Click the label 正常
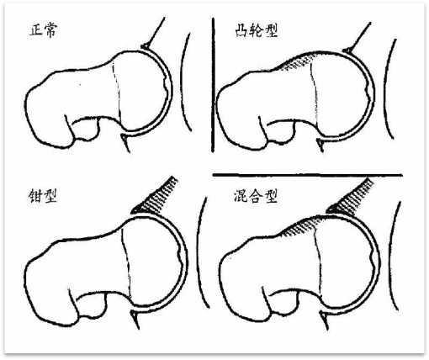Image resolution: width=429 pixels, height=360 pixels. click(44, 30)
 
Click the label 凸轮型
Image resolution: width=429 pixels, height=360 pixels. click(256, 30)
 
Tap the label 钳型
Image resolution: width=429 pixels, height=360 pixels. click(43, 195)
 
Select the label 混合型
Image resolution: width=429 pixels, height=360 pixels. click(256, 195)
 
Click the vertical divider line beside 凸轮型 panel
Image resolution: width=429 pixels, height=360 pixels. click(213, 85)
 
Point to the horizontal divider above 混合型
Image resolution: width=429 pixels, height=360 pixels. click(308, 175)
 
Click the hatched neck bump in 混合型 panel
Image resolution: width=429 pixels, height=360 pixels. click(301, 225)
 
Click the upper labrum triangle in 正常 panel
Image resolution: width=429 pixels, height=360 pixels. click(146, 45)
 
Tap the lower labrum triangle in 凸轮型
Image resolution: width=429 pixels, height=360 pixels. click(320, 143)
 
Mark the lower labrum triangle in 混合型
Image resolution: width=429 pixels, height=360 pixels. click(324, 317)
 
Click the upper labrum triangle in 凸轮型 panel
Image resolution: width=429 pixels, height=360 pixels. click(347, 50)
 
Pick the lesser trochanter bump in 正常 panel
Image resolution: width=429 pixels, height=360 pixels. click(86, 130)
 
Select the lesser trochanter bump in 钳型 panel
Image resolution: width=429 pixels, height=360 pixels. click(92, 305)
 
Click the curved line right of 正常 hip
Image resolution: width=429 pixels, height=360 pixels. click(185, 82)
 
